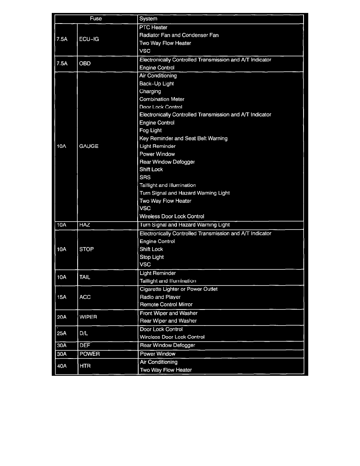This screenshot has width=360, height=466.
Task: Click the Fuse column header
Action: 96,18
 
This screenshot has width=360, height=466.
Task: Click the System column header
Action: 148,18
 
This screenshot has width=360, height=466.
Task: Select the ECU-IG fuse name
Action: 89,39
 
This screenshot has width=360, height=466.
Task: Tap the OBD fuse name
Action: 85,64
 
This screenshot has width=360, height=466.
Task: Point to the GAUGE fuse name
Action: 89,146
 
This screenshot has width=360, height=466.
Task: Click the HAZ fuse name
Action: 85,225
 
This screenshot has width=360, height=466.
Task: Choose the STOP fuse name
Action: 86,249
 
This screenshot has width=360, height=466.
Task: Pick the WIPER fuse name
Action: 88,317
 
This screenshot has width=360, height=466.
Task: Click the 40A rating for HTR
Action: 62,366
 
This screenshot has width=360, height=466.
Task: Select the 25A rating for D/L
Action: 62,333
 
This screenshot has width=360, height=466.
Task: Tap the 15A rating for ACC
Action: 62,297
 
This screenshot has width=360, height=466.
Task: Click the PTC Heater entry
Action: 153,27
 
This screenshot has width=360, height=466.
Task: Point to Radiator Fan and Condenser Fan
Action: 179,35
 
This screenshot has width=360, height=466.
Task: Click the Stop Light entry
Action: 152,257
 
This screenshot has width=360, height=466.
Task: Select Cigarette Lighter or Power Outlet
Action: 178,289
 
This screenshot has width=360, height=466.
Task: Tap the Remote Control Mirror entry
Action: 166,304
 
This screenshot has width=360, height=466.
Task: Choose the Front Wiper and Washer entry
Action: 169,313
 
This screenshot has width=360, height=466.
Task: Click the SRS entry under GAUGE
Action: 145,177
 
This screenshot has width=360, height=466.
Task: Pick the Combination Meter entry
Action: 162,99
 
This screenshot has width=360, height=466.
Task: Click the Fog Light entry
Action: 151,130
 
